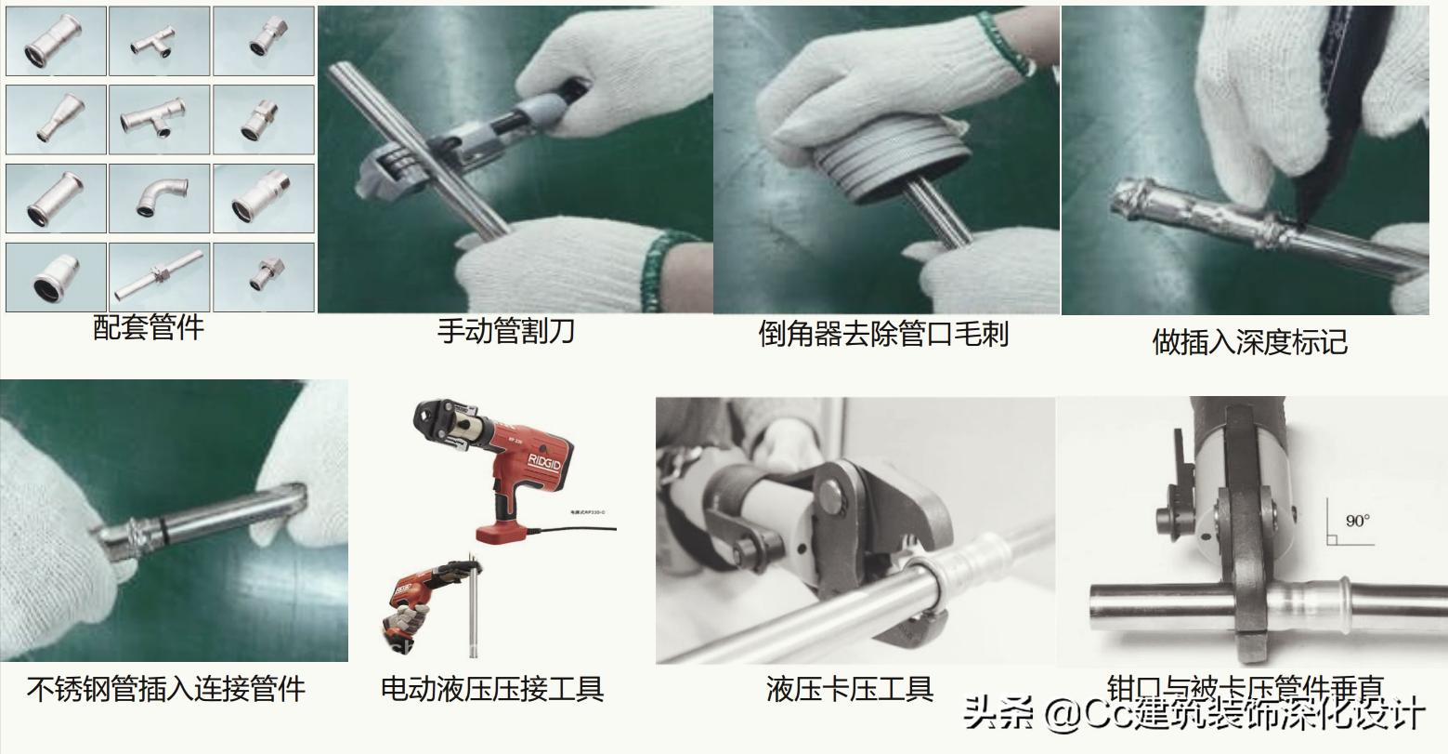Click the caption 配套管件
point(149,327)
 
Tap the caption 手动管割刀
point(506,331)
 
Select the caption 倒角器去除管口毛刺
point(883,334)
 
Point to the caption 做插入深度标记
point(1249,341)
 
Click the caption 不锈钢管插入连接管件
point(166,689)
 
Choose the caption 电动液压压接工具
point(492,689)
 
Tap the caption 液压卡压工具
point(849,689)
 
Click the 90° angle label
point(1357,521)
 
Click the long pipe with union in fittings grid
point(159,276)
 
